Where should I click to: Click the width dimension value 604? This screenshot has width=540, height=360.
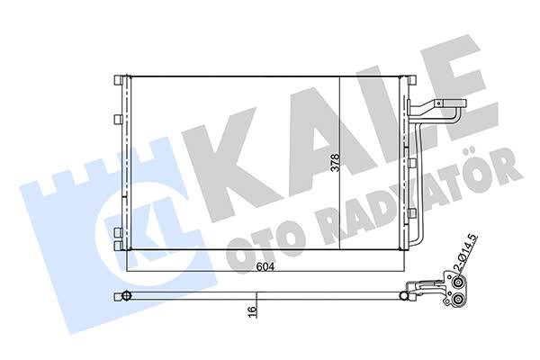pyautogui.click(x=265, y=266)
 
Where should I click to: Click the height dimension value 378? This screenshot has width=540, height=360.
pyautogui.click(x=335, y=163)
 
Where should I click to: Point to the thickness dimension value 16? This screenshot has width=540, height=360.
pyautogui.click(x=252, y=309)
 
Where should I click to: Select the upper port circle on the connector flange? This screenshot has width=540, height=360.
pyautogui.click(x=458, y=283)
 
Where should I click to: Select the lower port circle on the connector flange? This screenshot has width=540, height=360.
pyautogui.click(x=458, y=301)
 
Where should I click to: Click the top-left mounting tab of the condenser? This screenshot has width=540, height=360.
pyautogui.click(x=118, y=80)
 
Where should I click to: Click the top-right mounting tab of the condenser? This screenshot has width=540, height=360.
pyautogui.click(x=412, y=80)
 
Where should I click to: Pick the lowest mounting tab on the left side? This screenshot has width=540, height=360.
pyautogui.click(x=118, y=246)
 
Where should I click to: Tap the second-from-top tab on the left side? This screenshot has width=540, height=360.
pyautogui.click(x=118, y=119)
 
